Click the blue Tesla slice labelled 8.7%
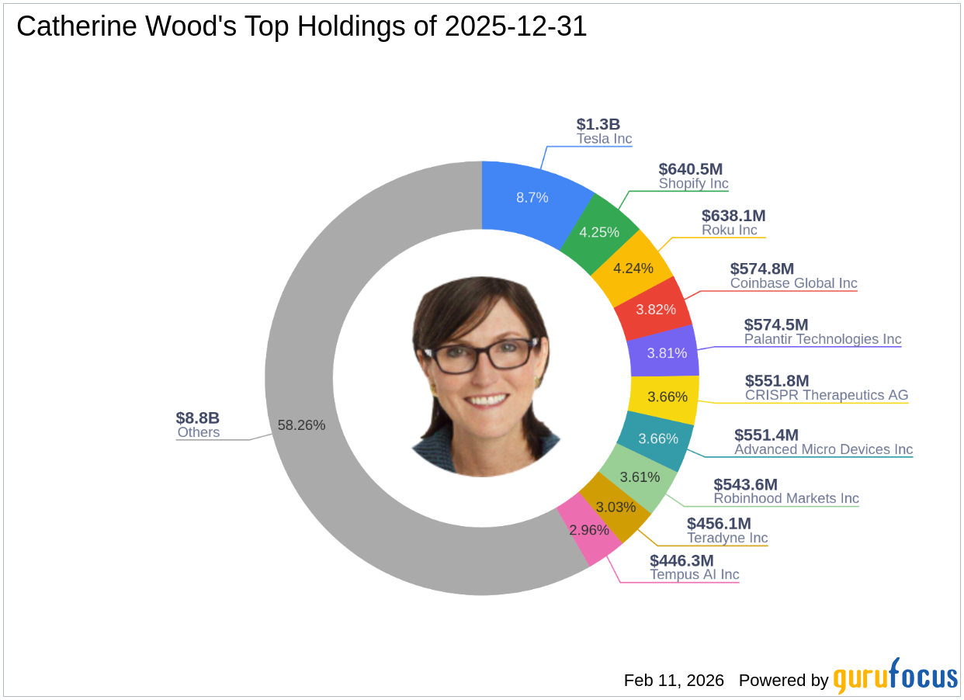[532, 197]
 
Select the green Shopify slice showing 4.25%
[599, 232]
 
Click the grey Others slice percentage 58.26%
[301, 425]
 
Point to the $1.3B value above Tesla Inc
[598, 124]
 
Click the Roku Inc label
[730, 230]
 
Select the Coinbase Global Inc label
[793, 282]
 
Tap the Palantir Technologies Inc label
[823, 339]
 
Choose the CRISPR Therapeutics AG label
[827, 395]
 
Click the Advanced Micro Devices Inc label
[824, 449]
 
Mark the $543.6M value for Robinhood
[745, 484]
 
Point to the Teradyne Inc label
[727, 538]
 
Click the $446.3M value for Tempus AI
[681, 560]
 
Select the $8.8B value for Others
[198, 418]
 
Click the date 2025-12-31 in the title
[516, 27]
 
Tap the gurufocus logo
[895, 677]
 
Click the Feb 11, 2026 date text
[674, 681]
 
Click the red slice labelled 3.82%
[651, 309]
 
